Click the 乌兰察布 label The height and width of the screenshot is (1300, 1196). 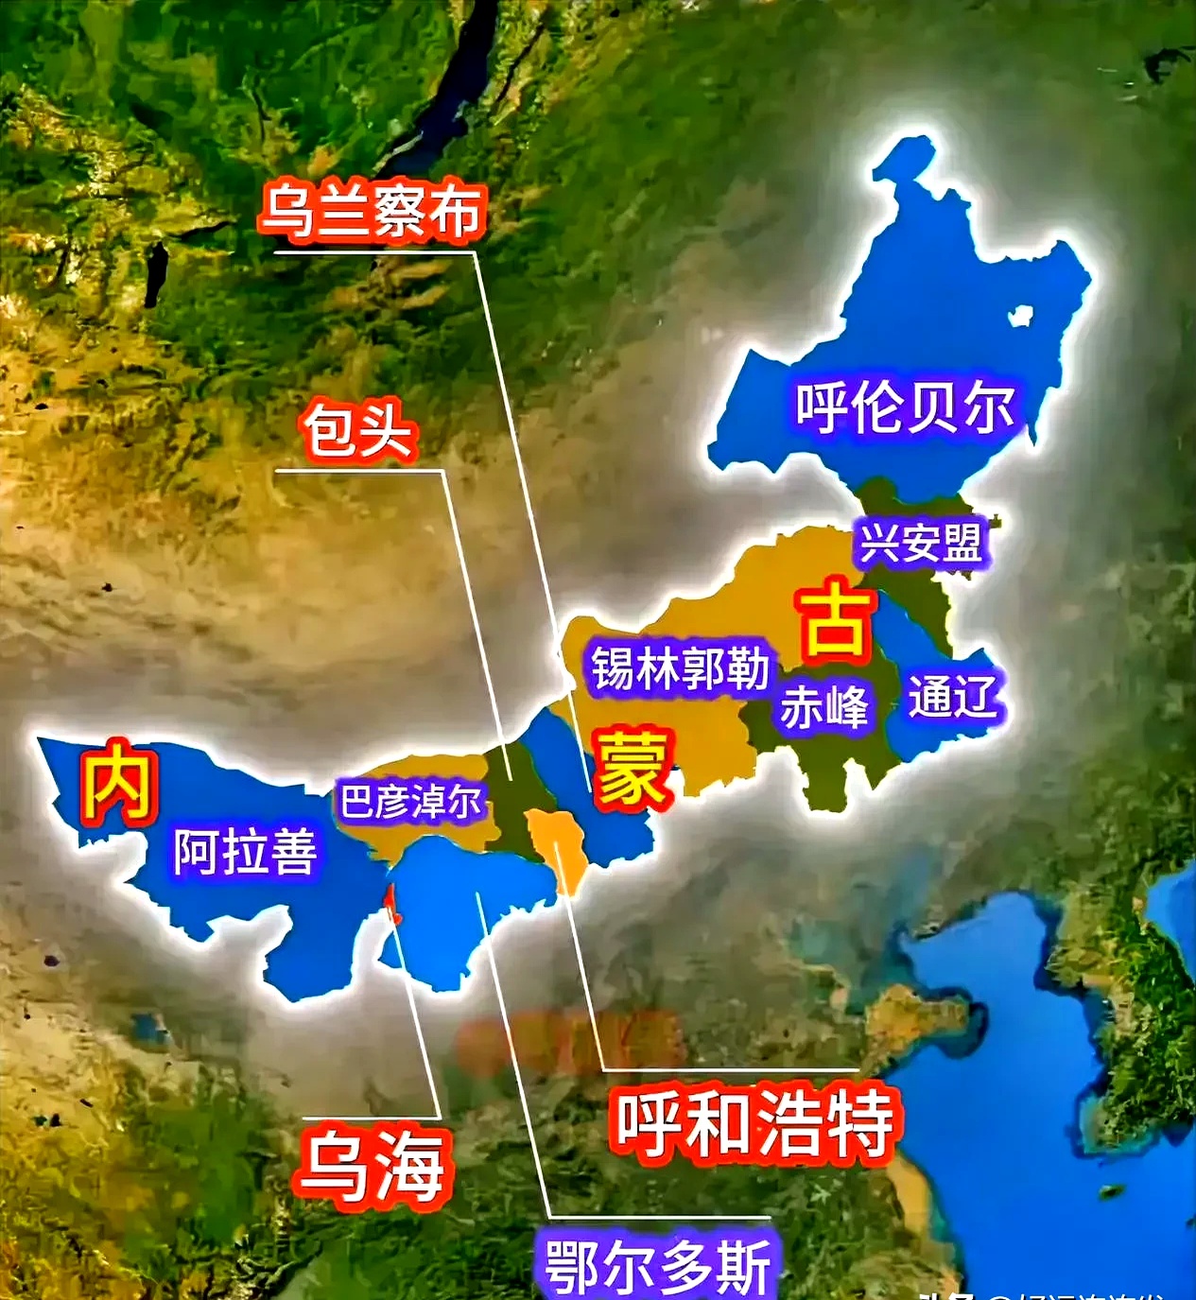373,210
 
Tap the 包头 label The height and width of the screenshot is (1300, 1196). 358,431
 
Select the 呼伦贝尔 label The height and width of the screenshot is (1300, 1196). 905,407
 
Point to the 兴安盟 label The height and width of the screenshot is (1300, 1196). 920,542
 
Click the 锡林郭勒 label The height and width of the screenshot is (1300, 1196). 680,668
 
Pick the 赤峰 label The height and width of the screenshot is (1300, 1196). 823,706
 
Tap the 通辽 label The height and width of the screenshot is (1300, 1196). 952,697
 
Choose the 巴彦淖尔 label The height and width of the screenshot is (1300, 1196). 411,802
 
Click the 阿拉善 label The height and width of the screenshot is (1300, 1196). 245,851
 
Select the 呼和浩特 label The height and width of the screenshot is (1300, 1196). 754,1122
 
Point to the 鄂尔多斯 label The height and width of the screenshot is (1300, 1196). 658,1265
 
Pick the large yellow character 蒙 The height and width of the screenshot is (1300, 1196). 632,768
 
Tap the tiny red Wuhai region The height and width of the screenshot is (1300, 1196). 389,904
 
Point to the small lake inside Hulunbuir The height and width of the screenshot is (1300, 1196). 1018,317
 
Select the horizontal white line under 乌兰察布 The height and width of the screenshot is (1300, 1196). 373,252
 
